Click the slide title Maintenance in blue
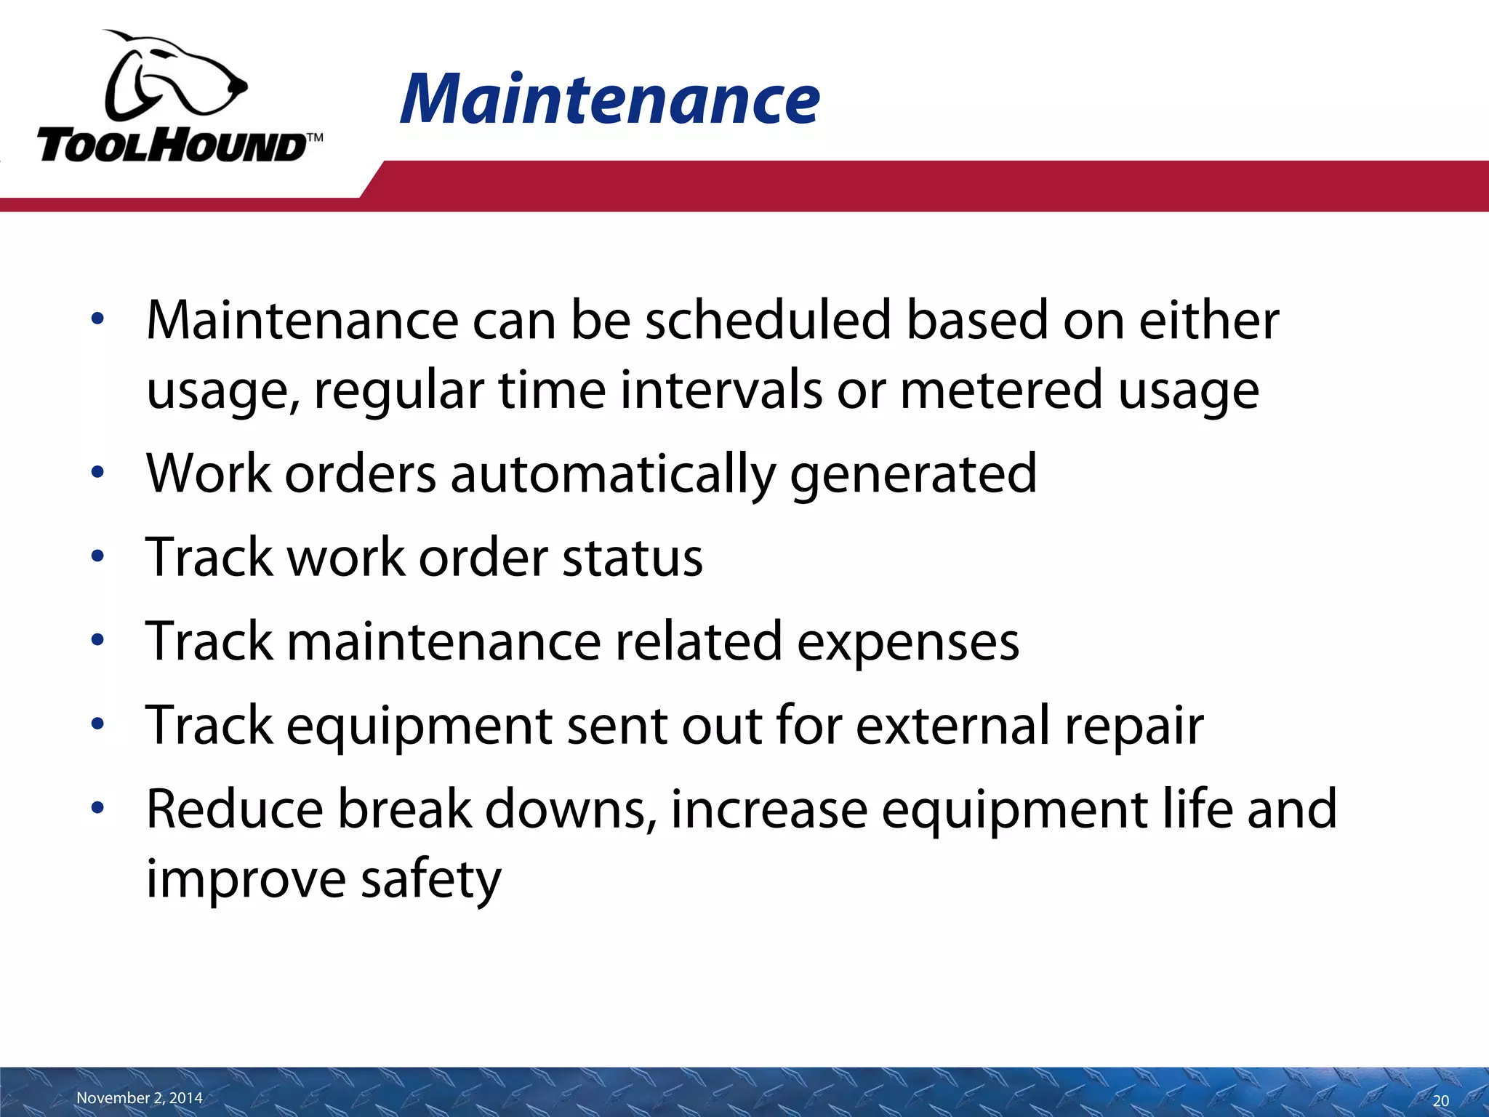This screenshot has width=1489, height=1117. point(609,100)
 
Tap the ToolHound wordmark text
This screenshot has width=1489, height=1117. point(171,146)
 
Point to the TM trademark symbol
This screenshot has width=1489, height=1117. point(314,137)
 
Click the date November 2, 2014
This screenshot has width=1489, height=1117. point(140,1097)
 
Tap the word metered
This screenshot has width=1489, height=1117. point(1001,390)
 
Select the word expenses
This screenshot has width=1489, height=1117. point(908,641)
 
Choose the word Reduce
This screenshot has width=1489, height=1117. point(234,809)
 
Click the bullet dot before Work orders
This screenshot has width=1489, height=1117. point(98,474)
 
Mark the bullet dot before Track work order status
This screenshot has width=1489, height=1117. point(98,558)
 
